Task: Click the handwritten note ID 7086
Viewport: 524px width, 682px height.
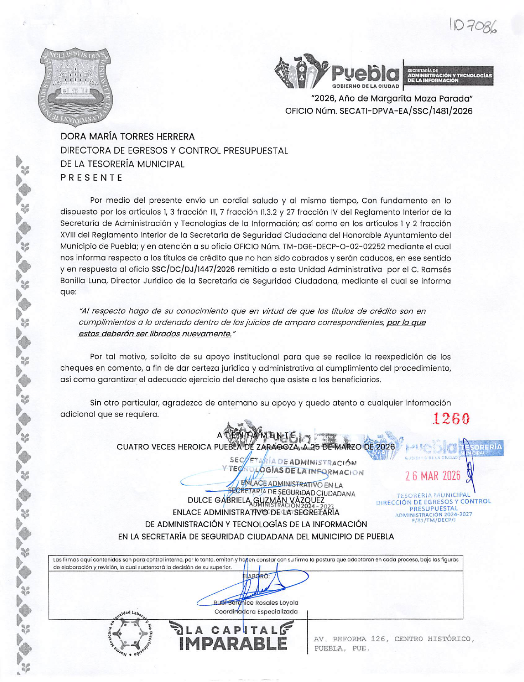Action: pos(474,27)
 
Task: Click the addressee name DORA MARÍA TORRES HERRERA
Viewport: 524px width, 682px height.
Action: pos(127,136)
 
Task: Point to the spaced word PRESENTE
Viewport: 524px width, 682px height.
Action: pos(92,178)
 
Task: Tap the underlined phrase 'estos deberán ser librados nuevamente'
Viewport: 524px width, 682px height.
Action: pos(155,334)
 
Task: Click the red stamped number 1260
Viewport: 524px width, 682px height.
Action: pos(451,419)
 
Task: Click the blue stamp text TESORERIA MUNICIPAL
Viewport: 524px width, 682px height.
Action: pos(433,495)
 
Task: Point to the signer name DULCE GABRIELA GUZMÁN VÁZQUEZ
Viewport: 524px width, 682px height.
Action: pos(256,500)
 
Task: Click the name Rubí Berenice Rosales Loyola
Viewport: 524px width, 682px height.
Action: pos(256,603)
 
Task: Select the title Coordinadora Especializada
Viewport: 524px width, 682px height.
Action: pos(256,611)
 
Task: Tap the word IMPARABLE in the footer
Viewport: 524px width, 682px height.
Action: pos(233,644)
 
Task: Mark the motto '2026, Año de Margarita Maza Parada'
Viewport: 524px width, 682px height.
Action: pos(392,99)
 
